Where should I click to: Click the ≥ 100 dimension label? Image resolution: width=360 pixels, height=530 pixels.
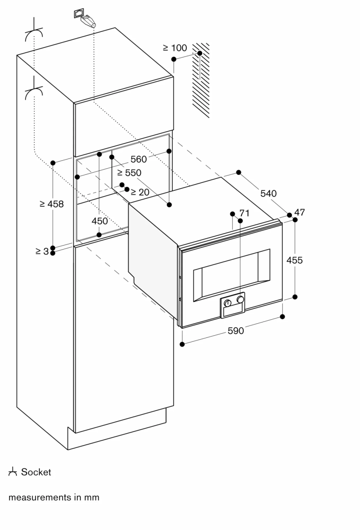click(175, 48)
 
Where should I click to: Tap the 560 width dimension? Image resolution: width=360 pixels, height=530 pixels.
click(138, 159)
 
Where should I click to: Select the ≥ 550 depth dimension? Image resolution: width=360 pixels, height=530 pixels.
click(129, 173)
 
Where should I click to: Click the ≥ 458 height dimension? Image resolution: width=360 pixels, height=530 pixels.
click(51, 204)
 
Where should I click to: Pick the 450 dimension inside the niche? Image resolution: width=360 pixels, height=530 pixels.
click(99, 221)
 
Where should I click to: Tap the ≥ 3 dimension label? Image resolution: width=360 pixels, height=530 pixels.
click(42, 251)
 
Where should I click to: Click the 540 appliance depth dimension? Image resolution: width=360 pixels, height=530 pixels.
click(268, 193)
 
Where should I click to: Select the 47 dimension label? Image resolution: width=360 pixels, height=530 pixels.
click(299, 212)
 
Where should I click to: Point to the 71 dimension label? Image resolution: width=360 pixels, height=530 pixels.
click(244, 213)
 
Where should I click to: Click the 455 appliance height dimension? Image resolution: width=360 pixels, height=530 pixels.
click(295, 260)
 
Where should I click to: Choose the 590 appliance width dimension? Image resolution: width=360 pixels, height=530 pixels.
click(235, 330)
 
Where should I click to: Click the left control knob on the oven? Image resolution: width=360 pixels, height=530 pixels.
click(227, 303)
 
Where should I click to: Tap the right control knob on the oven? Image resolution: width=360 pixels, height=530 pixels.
click(240, 299)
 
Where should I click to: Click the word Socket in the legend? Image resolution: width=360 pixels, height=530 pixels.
click(36, 472)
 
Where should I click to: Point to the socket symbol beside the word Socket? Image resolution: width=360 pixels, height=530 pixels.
click(12, 472)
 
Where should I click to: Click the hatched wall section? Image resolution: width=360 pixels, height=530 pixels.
click(201, 79)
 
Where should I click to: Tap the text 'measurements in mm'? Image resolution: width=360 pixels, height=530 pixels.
click(54, 497)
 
